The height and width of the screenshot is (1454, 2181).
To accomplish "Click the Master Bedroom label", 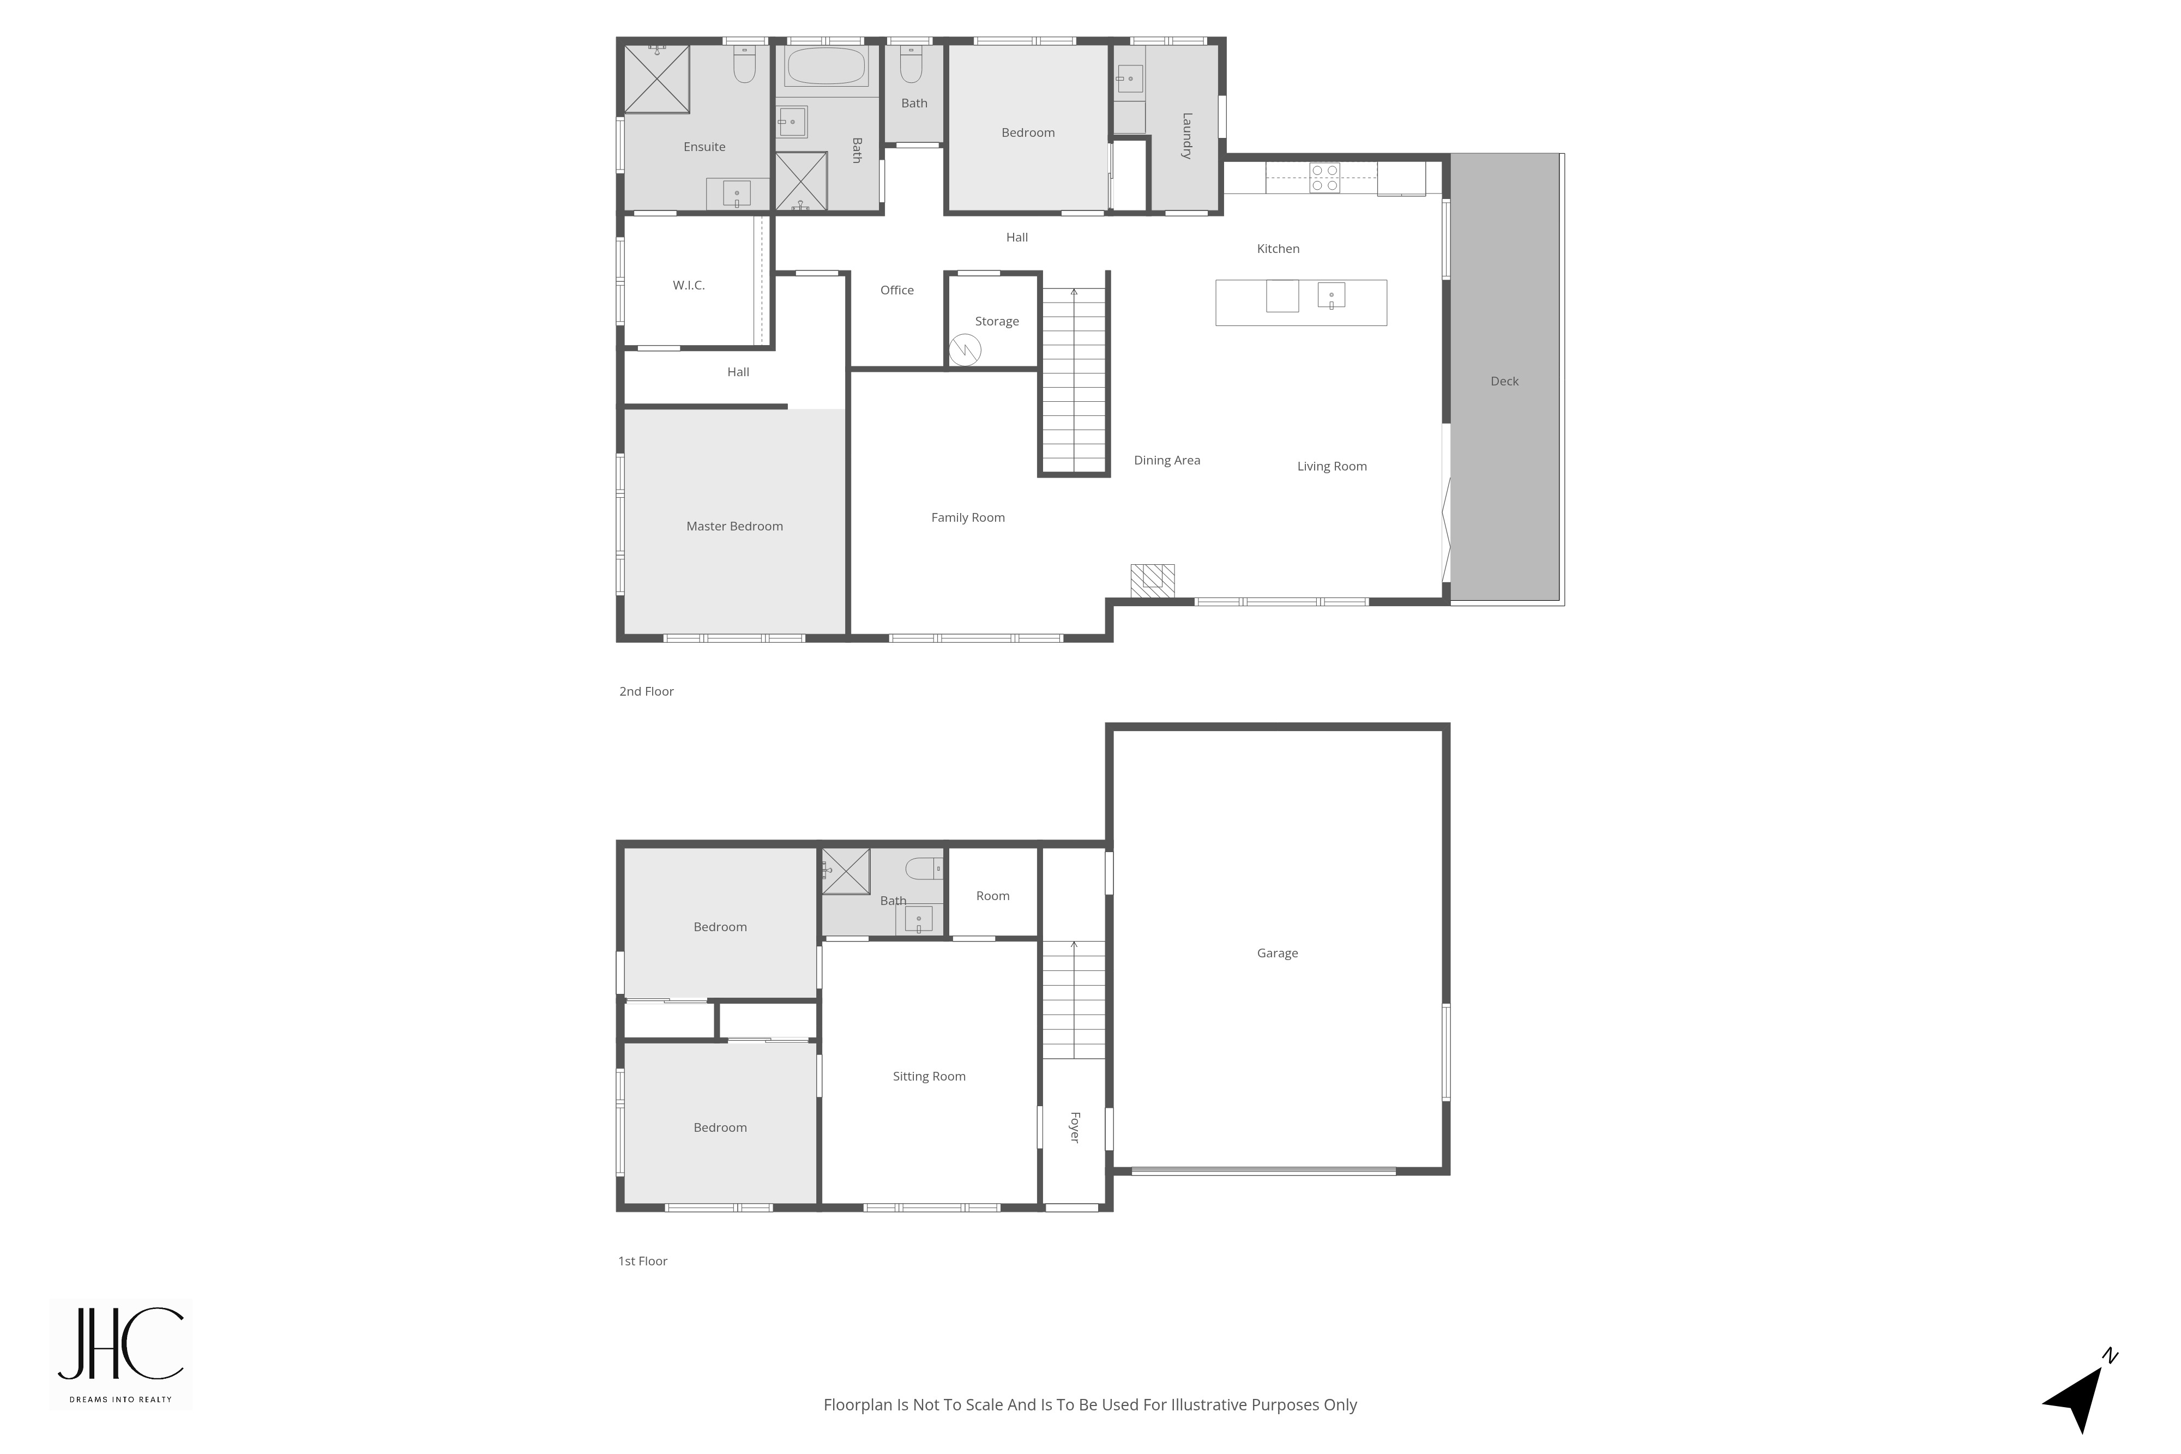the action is coord(734,526).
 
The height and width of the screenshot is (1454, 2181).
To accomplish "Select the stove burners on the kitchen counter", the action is coord(1324,177).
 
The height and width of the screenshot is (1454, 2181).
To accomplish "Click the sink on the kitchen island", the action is coord(1330,296).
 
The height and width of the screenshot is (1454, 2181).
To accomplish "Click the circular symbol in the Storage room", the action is coord(965,349).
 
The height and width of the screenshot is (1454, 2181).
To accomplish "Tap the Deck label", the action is coord(1504,381).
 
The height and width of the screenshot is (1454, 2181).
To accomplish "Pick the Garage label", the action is coord(1277,954).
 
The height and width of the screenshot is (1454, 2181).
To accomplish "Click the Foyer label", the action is coord(1075,1127).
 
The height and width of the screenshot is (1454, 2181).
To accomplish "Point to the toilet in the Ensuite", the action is coord(745,64).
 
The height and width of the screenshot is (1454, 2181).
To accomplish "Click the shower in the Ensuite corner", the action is coord(656,79).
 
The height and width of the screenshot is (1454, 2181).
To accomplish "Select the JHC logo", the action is coord(121,1353).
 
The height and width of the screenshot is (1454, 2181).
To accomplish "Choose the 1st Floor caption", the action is coord(643,1261).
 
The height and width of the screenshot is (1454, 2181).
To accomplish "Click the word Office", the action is coord(897,290).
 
